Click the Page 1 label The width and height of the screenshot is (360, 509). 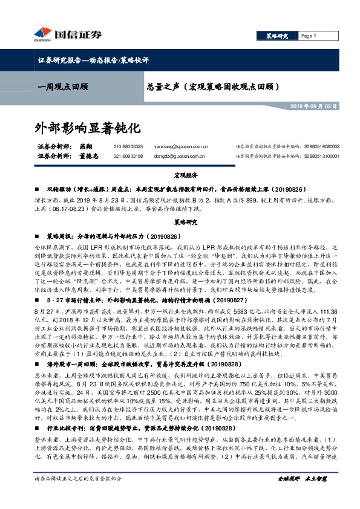(x=309, y=36)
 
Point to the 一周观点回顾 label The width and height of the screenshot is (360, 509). (x=62, y=86)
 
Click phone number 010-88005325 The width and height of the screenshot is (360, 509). (x=128, y=147)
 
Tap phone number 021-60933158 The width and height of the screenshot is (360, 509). (x=128, y=157)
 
